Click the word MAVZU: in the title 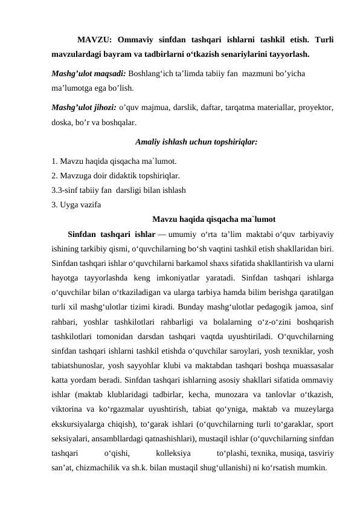click(x=95, y=41)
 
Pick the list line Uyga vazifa click(x=77, y=204)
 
